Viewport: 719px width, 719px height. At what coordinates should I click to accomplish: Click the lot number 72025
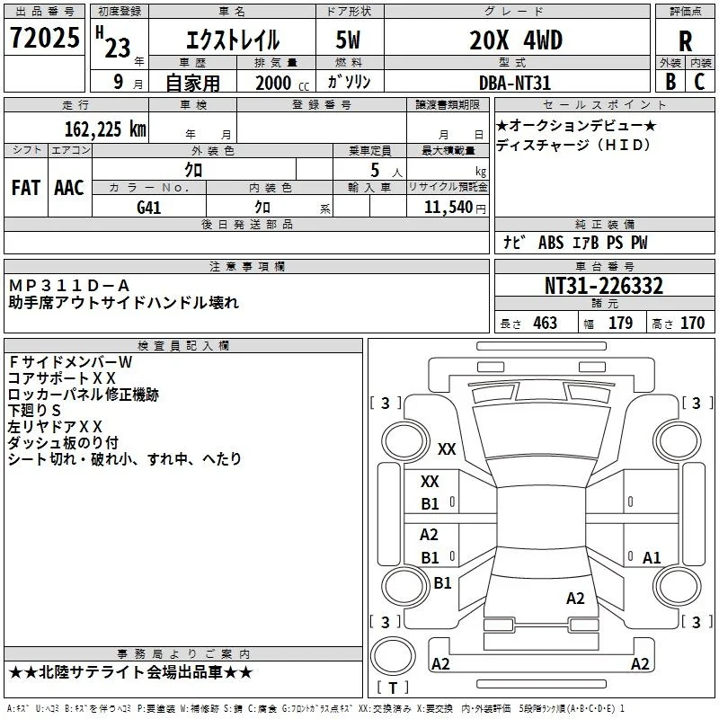(x=44, y=38)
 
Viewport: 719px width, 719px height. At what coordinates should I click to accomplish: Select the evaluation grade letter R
(x=685, y=41)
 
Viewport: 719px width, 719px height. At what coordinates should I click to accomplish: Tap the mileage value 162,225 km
(x=105, y=129)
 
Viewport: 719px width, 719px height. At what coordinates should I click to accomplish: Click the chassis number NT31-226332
(x=603, y=286)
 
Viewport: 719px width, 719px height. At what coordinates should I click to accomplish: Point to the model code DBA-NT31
(x=514, y=83)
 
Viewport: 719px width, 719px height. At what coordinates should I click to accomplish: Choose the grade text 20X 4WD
(x=516, y=40)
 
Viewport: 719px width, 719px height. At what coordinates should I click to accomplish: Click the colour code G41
(x=148, y=208)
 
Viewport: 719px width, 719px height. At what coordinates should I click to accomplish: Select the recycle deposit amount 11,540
(x=448, y=208)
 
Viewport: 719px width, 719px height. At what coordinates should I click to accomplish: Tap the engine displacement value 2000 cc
(x=282, y=83)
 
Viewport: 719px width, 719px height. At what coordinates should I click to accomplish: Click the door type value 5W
(x=348, y=40)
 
